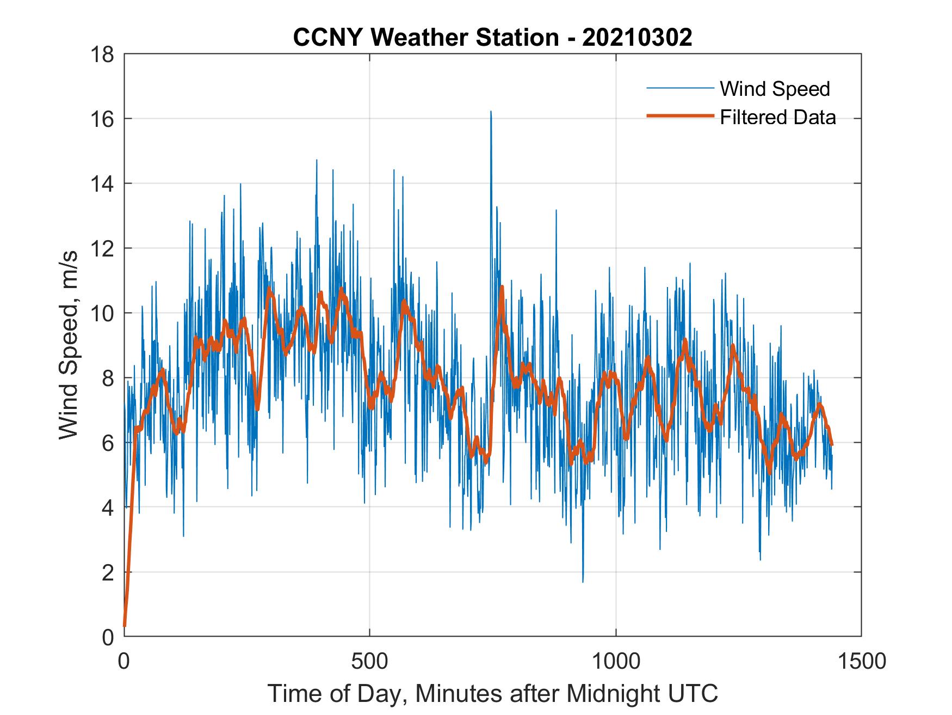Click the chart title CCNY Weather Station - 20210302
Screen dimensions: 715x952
point(492,38)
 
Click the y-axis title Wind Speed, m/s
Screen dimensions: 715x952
point(69,345)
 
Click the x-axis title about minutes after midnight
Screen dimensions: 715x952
point(492,693)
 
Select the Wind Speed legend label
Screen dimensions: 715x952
point(775,88)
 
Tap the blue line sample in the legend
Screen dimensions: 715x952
point(679,88)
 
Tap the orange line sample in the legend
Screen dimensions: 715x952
point(679,116)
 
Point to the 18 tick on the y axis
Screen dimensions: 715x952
point(104,54)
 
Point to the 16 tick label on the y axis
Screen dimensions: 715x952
point(104,119)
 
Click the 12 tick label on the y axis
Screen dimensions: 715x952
point(104,249)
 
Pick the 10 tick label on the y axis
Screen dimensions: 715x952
point(104,314)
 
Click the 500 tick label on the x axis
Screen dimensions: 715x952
point(369,661)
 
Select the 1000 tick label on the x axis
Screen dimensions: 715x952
point(616,661)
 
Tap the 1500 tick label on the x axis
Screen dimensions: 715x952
point(861,661)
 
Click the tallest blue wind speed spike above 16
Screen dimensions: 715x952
point(491,112)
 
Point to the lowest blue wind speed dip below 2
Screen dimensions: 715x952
point(583,581)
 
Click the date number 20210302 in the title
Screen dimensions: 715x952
point(637,38)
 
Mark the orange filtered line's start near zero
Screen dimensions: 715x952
point(125,625)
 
